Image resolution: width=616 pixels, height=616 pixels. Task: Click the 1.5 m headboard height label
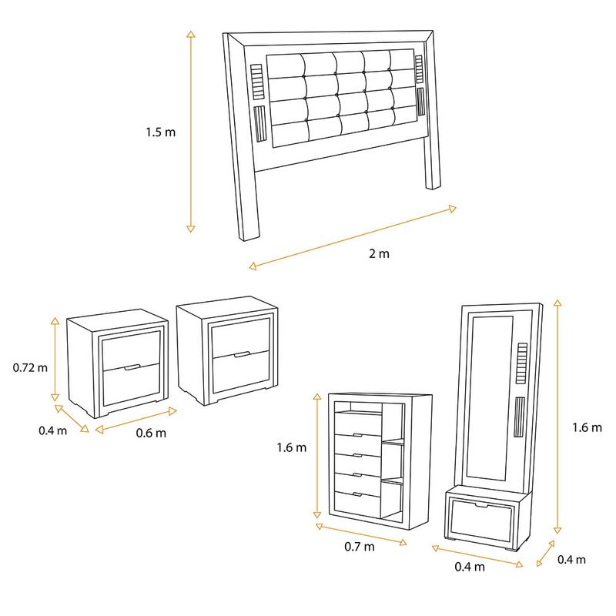coord(161,132)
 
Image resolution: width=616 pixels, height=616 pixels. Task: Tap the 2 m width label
coord(379,253)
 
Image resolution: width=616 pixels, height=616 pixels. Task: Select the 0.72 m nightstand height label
coord(30,368)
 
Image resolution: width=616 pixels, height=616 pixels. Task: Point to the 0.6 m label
coord(151,433)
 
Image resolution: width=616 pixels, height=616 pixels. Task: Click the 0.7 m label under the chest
coord(360,547)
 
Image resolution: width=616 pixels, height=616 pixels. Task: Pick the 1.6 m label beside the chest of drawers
coord(292,447)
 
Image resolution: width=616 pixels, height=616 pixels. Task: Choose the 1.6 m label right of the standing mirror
coord(587,427)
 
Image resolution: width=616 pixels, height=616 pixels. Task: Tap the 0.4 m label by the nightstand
coord(52,430)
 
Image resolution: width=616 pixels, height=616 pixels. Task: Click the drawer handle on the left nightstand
coord(132,368)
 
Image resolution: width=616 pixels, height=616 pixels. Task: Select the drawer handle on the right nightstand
coord(242,355)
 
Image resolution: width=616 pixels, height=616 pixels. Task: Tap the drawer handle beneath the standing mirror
coord(480,505)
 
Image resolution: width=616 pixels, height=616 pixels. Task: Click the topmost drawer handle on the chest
coord(357,435)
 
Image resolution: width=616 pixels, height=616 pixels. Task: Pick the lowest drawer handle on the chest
coord(357,494)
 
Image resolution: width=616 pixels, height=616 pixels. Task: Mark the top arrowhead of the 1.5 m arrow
coord(191,33)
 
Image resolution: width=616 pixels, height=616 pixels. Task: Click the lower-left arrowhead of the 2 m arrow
coord(253,266)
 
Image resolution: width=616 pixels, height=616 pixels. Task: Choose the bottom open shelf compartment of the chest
coord(392,502)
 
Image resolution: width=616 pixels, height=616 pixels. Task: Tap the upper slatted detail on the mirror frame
coord(522,363)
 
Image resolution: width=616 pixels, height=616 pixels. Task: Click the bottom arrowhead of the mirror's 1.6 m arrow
coord(557,530)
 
